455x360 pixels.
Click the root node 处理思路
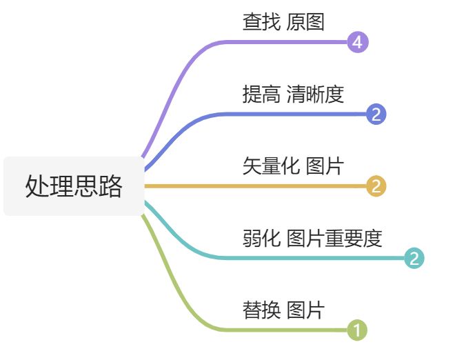pos(74,186)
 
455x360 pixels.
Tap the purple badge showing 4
pos(357,42)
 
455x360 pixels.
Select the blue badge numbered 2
pos(376,114)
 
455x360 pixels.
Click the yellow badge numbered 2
pos(376,186)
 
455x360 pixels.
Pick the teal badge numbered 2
pos(414,258)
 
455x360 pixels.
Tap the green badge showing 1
pos(357,330)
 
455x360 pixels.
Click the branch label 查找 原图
pos(283,22)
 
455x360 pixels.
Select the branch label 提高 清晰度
pos(293,94)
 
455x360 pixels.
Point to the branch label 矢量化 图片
pos(292,166)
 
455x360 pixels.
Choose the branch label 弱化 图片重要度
pos(312,239)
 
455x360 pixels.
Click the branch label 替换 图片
pos(283,310)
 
